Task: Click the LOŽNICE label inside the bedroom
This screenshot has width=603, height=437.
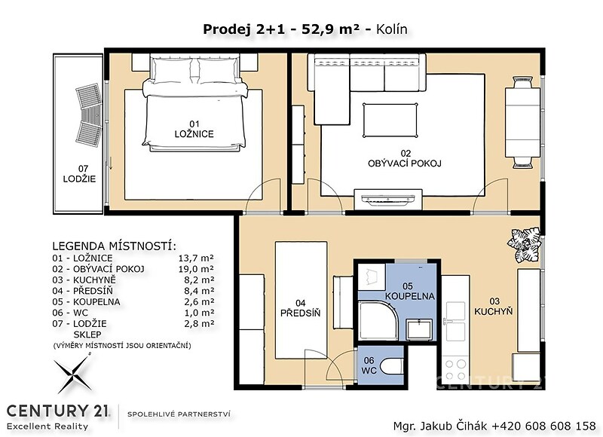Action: point(194,134)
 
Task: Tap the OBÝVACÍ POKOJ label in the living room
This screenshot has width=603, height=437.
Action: point(405,163)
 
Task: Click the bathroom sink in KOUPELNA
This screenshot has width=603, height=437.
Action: point(420,329)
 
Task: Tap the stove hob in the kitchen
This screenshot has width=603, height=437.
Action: point(455,369)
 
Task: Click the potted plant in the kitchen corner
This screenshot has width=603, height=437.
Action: point(523,243)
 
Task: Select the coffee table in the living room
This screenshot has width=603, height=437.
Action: point(390,120)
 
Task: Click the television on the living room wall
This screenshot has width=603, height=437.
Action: point(388,199)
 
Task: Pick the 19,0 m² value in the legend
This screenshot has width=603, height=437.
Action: point(196,269)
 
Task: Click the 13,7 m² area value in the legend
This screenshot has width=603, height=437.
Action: point(196,258)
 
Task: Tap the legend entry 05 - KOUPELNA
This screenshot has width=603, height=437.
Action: point(86,301)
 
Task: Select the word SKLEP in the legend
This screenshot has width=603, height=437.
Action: point(87,335)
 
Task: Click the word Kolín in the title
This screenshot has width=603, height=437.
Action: point(391,29)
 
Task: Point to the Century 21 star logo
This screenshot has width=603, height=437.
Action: point(72,374)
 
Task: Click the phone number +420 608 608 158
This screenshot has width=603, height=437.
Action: point(543,426)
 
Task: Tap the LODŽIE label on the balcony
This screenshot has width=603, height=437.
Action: point(79,179)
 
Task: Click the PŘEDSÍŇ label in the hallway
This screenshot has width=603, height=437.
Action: point(300,313)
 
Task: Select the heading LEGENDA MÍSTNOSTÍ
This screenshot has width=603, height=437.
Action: point(115,246)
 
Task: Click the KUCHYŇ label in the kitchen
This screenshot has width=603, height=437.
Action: point(494,311)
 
